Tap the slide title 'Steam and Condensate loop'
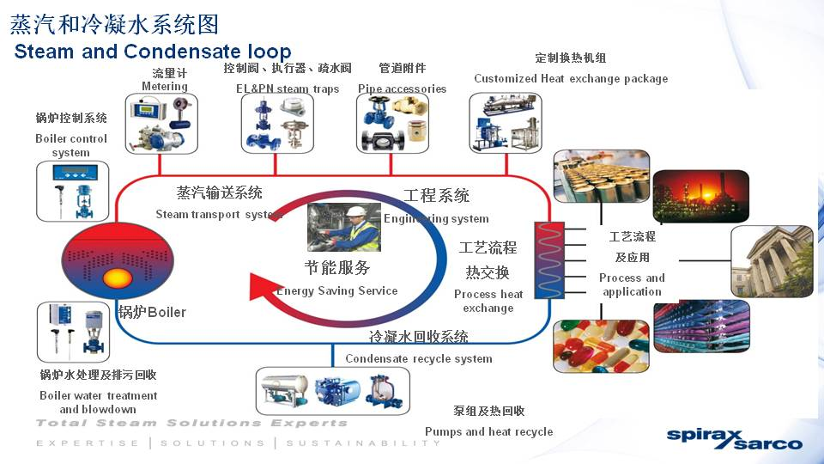[153, 52]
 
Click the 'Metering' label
[165, 86]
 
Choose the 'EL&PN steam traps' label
[288, 89]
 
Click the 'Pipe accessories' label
[402, 89]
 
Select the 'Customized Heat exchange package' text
[571, 78]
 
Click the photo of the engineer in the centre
[344, 227]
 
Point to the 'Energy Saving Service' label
[337, 290]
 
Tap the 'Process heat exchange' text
[488, 301]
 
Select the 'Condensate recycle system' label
[419, 358]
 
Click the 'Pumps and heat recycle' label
[488, 431]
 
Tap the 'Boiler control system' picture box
[75, 191]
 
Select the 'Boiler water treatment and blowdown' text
[99, 402]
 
